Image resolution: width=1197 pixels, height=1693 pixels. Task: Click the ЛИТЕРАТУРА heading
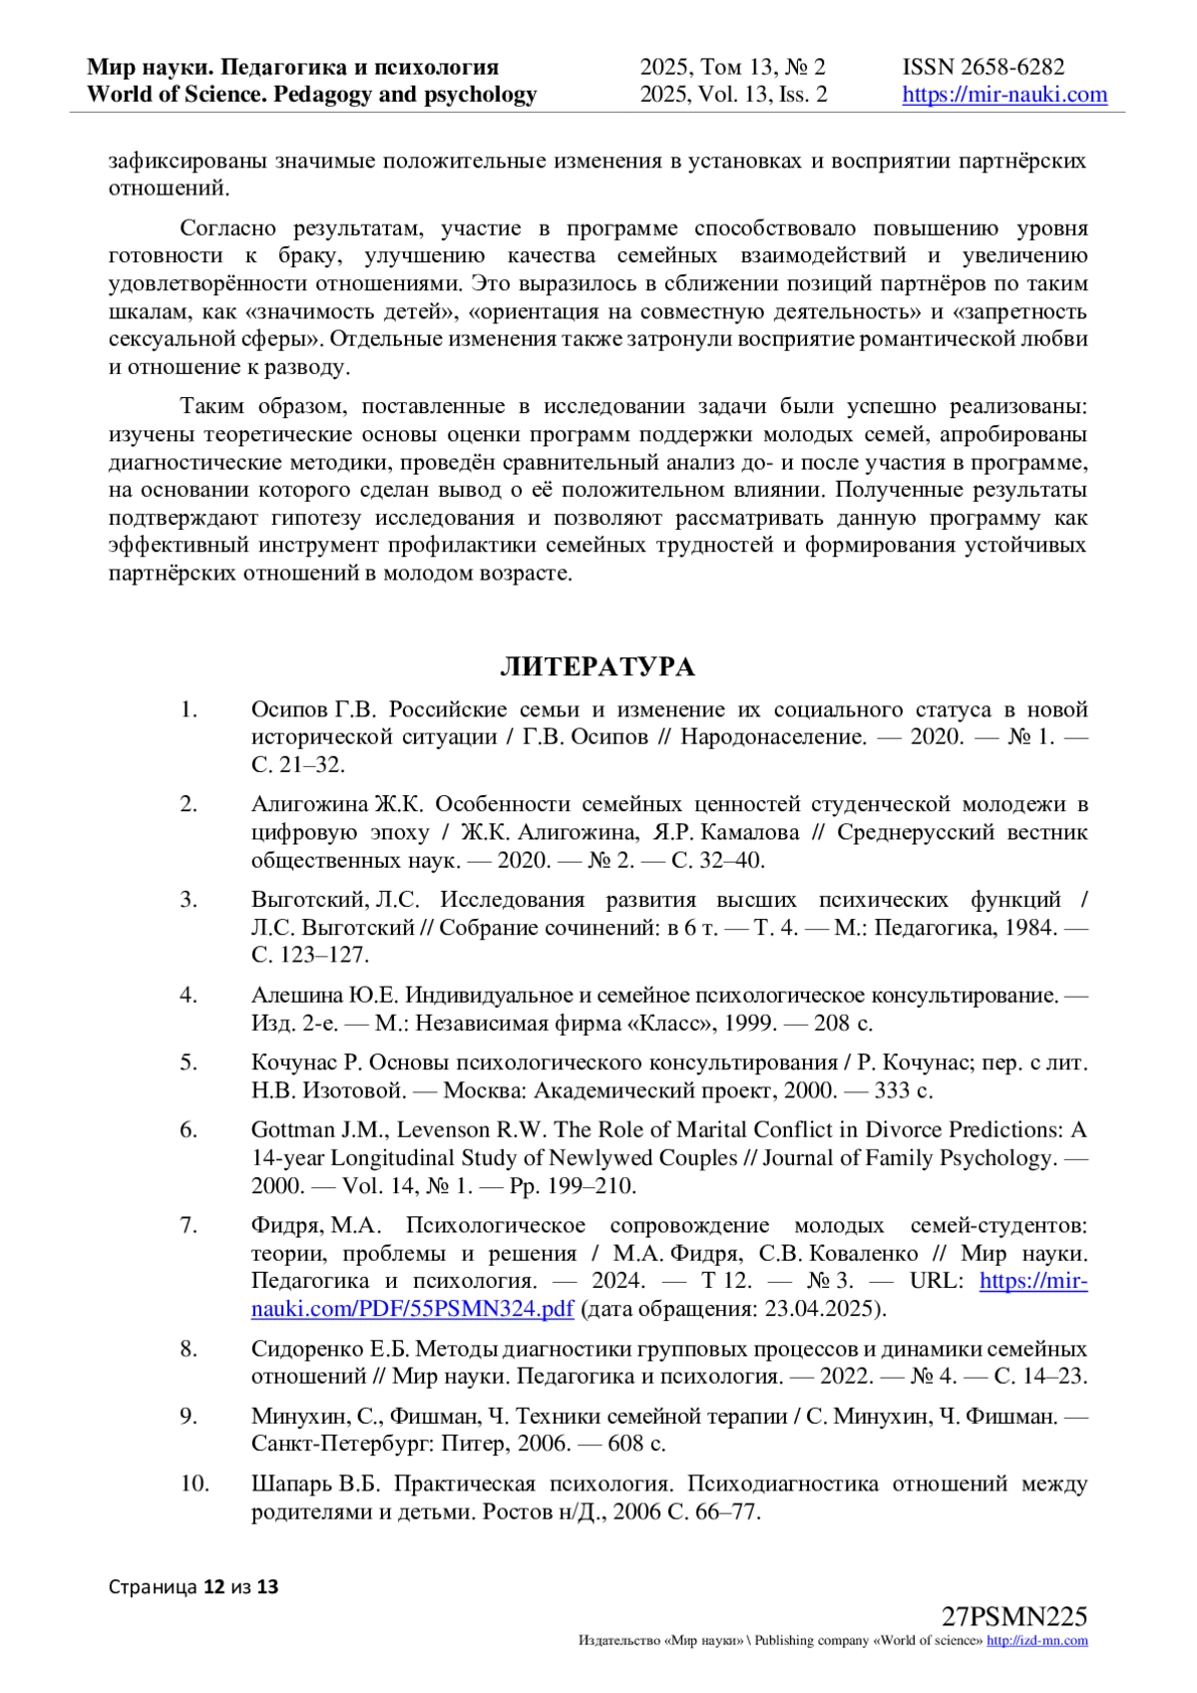pyautogui.click(x=597, y=667)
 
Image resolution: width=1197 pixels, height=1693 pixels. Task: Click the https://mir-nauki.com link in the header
pyautogui.click(x=1004, y=95)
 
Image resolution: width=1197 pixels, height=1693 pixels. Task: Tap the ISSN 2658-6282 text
pyautogui.click(x=983, y=68)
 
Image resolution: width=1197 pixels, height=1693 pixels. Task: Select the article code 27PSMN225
pyautogui.click(x=1013, y=1617)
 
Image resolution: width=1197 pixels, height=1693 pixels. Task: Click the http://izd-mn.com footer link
pyautogui.click(x=1036, y=1641)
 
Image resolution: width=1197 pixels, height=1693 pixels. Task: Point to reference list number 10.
pyautogui.click(x=195, y=1483)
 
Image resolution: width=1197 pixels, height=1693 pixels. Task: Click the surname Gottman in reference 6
pyautogui.click(x=290, y=1130)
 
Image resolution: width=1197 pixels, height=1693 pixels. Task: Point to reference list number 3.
pyautogui.click(x=189, y=900)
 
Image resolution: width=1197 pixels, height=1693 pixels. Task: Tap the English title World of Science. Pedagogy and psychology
pyautogui.click(x=312, y=95)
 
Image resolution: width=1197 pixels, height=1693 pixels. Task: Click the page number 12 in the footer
pyautogui.click(x=213, y=1586)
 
